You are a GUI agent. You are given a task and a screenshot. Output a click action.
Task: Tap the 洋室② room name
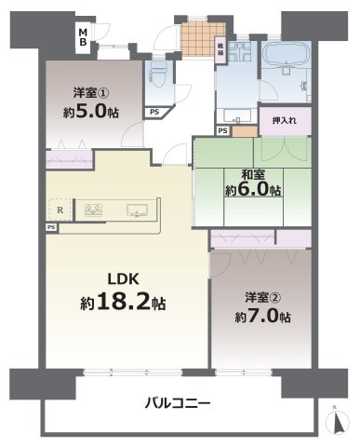(261, 299)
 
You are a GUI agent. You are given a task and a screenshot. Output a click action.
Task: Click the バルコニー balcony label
(178, 403)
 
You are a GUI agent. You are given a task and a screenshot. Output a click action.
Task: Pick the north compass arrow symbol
(334, 420)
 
